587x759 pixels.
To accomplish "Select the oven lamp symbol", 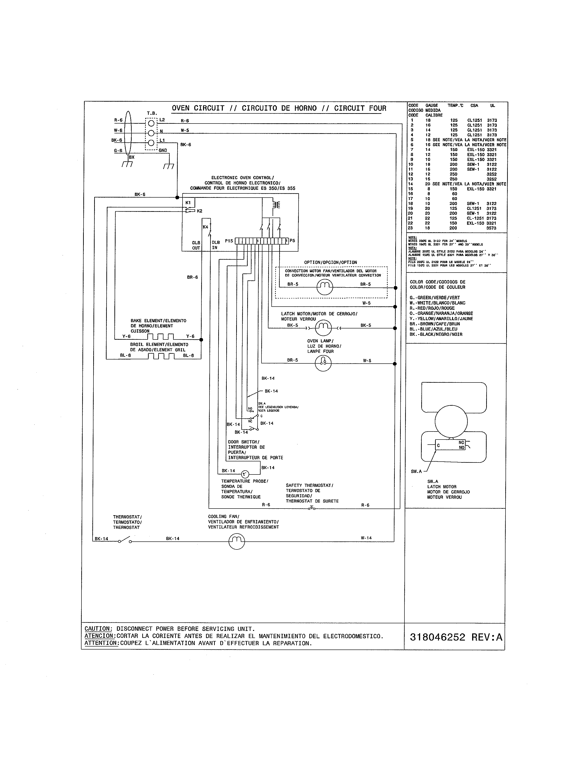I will [x=323, y=363].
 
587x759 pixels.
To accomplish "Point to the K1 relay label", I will [x=188, y=203].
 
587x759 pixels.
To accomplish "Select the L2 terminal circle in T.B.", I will [x=151, y=123].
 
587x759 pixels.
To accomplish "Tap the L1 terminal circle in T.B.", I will [x=151, y=143].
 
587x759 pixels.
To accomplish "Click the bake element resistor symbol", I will [x=161, y=337].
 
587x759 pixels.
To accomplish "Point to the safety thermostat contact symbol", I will [x=312, y=508].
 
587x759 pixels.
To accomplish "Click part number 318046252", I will [x=437, y=637].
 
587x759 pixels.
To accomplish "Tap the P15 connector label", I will [x=229, y=241].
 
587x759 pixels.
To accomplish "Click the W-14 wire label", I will [x=366, y=538].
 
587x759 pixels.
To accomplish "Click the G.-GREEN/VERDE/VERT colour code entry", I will [x=434, y=297].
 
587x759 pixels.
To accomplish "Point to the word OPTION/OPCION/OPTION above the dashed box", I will [x=330, y=262].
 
